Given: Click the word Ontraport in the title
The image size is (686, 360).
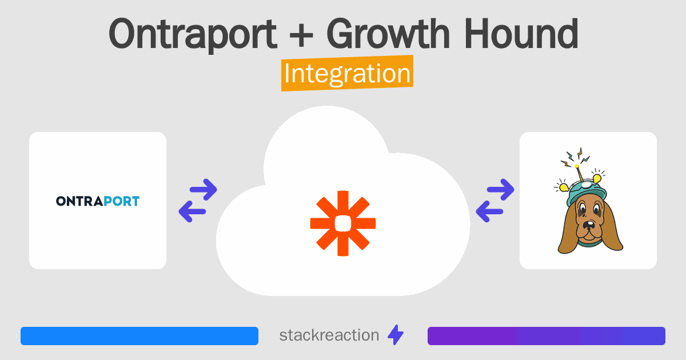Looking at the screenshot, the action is [193, 34].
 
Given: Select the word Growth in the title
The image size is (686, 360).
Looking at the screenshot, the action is [388, 34].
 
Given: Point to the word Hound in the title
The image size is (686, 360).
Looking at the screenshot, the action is [521, 34].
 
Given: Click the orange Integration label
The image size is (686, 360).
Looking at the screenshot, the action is [348, 73].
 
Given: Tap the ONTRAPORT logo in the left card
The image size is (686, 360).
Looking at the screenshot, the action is [98, 201].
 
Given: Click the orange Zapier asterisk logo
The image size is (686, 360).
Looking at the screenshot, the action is [343, 223].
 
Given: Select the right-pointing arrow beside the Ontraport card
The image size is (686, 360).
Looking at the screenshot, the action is [204, 190].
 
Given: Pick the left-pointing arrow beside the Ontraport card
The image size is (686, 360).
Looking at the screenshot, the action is [192, 211].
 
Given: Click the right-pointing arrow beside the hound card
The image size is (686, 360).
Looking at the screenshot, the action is [500, 190].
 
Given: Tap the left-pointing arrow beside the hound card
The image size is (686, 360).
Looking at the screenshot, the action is [489, 211].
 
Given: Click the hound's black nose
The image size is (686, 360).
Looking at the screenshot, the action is [588, 225].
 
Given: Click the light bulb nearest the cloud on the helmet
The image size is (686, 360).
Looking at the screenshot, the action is [564, 187].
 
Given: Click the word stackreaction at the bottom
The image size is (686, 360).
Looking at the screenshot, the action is [329, 335].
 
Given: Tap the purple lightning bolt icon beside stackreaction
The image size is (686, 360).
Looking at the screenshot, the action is [396, 335].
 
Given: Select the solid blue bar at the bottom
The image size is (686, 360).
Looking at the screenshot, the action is [139, 336].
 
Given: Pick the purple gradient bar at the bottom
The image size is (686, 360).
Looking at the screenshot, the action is [547, 336].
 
